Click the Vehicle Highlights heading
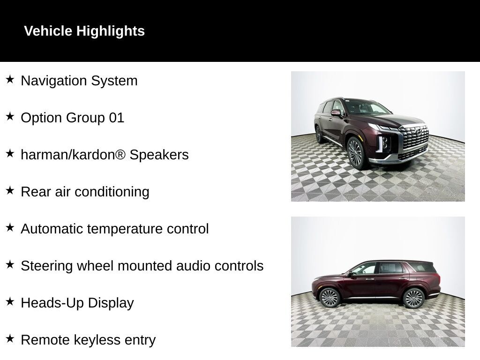click(x=84, y=31)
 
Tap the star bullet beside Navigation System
click(x=10, y=80)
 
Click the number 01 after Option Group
click(x=117, y=118)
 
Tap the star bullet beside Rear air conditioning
click(x=10, y=191)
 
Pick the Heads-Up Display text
click(x=77, y=303)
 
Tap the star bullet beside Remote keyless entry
click(x=10, y=339)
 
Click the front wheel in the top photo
click(x=355, y=153)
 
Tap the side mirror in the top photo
click(x=336, y=112)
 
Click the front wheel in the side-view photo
click(x=329, y=298)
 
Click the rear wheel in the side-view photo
click(x=413, y=298)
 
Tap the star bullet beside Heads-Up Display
click(x=10, y=302)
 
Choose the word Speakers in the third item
click(x=159, y=155)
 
